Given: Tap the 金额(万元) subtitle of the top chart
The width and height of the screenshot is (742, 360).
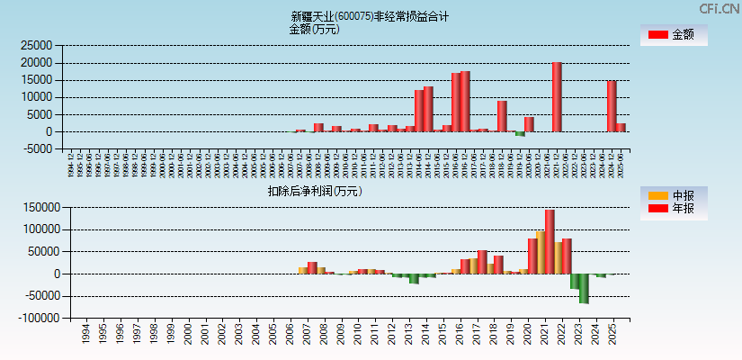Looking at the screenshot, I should (314, 29).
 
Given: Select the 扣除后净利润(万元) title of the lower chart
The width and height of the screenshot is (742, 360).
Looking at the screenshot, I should (315, 191).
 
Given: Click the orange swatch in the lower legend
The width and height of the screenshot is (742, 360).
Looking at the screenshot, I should (658, 195).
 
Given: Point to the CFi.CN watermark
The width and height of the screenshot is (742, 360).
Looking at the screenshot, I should (719, 8).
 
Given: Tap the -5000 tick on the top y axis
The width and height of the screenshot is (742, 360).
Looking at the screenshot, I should (38, 149).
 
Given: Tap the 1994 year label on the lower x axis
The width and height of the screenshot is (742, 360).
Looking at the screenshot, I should (85, 335).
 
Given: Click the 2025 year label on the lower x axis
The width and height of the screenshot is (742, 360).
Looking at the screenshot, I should (613, 335).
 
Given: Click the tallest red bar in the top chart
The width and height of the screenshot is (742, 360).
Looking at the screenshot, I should (557, 97).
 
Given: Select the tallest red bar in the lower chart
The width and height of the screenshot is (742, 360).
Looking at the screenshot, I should (550, 241).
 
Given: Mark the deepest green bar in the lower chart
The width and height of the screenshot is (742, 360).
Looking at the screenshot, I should (584, 288).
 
